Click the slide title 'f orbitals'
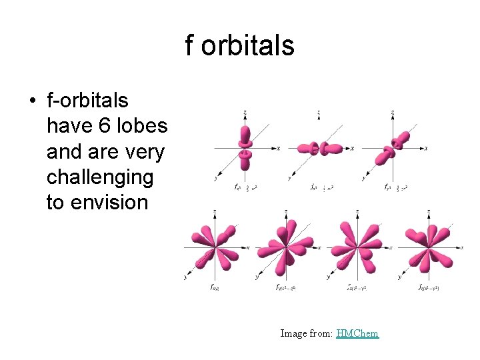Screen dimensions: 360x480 (239, 46)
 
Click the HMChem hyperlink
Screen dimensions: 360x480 (357, 333)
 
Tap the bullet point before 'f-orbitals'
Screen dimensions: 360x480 (32, 101)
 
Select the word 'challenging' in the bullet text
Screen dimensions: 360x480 (99, 177)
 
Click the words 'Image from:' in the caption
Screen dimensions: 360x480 (306, 333)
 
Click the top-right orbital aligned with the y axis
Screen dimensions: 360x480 (396, 147)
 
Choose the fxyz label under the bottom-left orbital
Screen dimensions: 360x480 (215, 288)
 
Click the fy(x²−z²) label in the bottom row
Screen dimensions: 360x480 (287, 288)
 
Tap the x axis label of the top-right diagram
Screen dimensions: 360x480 (427, 148)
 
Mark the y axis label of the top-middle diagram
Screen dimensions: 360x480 (289, 179)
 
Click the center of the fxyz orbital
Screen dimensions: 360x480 (215, 247)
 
